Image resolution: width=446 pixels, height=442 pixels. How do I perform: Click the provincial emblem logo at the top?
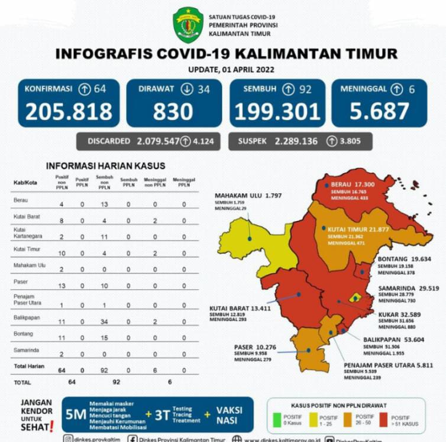click(188, 25)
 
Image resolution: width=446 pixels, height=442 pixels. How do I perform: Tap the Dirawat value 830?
click(173, 111)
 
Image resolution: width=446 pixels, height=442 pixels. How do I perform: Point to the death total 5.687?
click(379, 111)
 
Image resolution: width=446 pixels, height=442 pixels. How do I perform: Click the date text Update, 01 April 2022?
click(227, 70)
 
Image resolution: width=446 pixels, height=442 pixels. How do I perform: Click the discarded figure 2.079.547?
click(156, 141)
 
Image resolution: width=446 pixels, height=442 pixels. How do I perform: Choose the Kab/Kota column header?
click(25, 183)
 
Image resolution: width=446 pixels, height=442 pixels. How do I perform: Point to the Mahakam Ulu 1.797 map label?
click(246, 196)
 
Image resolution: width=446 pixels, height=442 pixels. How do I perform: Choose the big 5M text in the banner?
click(76, 414)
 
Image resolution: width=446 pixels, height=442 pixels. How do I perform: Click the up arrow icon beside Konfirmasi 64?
click(85, 89)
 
